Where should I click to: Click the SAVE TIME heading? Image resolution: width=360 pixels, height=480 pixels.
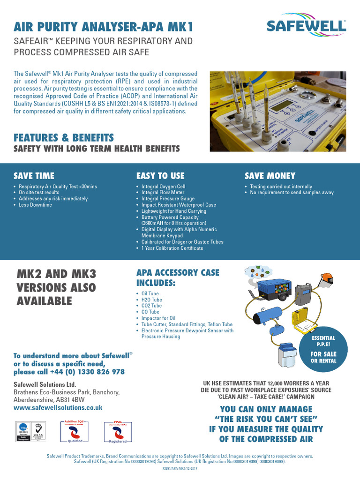[34, 176]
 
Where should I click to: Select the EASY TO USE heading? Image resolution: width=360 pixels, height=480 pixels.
[160, 176]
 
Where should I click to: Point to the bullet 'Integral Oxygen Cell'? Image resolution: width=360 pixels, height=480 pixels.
[163, 187]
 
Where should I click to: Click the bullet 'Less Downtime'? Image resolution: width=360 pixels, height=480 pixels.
[35, 205]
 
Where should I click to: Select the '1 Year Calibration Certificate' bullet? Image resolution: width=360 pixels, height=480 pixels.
[172, 248]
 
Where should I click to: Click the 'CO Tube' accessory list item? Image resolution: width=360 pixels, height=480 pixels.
[150, 312]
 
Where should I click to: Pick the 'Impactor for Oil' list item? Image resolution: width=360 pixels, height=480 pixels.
[158, 318]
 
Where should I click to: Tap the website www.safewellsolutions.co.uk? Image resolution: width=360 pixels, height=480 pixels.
[58, 408]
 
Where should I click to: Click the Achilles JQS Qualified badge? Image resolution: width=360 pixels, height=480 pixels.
[75, 432]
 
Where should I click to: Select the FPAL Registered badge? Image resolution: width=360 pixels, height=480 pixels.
[118, 432]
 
